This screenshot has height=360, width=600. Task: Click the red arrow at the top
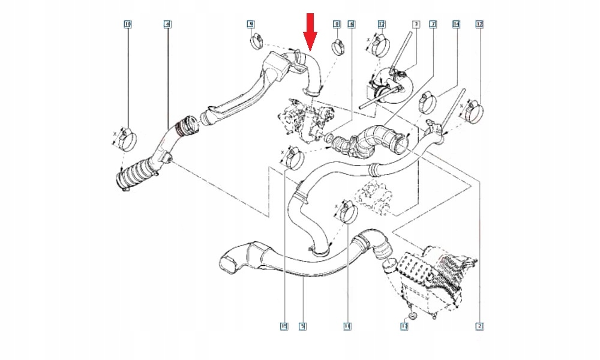pos(310,31)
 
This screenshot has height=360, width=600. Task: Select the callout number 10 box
pos(127,24)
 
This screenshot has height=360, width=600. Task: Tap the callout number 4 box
pos(167,24)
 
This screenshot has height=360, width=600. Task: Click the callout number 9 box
pos(251,24)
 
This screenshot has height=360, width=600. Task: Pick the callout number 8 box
pos(337,24)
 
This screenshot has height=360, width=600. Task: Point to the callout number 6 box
pos(352,24)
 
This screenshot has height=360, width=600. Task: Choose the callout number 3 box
pos(415,24)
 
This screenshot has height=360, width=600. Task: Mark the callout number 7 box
pos(433,24)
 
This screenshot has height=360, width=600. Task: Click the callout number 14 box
pos(456,24)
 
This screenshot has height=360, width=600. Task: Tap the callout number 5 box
pos(303,326)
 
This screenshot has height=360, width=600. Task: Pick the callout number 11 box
pos(346,326)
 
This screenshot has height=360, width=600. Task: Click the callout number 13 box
pos(404,326)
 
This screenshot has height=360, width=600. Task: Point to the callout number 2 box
pos(479,326)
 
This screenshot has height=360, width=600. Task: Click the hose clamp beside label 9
pos(257,42)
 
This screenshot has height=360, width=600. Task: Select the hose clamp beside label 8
pos(338,46)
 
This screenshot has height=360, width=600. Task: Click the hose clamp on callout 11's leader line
pos(347,214)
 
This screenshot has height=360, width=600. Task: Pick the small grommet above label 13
pos(410,314)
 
